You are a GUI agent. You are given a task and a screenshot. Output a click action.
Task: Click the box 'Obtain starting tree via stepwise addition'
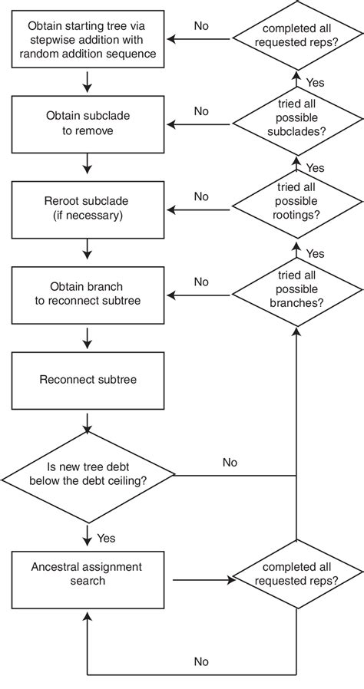[x=88, y=39]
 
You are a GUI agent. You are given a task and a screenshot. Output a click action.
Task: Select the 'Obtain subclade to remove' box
[x=88, y=124]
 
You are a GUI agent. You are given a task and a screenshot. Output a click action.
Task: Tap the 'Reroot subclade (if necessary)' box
[x=88, y=209]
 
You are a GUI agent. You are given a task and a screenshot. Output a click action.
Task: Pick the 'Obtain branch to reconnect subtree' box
[x=88, y=295]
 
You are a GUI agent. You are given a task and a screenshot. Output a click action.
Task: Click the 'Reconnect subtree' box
[x=88, y=381]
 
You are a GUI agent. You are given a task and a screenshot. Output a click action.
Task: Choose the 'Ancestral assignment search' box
[x=88, y=580]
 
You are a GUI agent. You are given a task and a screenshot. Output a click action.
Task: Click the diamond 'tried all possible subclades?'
[x=297, y=124]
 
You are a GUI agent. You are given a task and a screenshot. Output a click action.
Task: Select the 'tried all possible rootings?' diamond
[x=297, y=209]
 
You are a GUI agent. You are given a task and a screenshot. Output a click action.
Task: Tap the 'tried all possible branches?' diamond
[x=297, y=295]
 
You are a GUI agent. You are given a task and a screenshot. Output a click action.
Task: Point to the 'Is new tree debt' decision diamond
[x=88, y=475]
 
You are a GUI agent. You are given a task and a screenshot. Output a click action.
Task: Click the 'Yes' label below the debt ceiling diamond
[x=106, y=538]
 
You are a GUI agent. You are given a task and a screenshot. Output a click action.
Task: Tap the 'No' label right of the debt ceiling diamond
[x=230, y=462]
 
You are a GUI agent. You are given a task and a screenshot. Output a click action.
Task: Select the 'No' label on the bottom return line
[x=201, y=661]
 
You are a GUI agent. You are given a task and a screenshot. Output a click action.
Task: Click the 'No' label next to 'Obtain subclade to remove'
[x=201, y=111]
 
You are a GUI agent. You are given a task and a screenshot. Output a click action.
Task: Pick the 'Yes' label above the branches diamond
[x=315, y=253]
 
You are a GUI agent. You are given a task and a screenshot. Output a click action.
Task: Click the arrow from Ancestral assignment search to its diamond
[x=204, y=580]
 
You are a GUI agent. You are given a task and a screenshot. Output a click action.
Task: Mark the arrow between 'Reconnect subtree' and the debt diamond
[x=88, y=422]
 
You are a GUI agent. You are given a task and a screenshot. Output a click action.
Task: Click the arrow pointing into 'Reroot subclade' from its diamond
[x=199, y=210]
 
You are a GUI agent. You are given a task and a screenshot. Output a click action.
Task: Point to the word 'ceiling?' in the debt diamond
[x=128, y=480]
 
